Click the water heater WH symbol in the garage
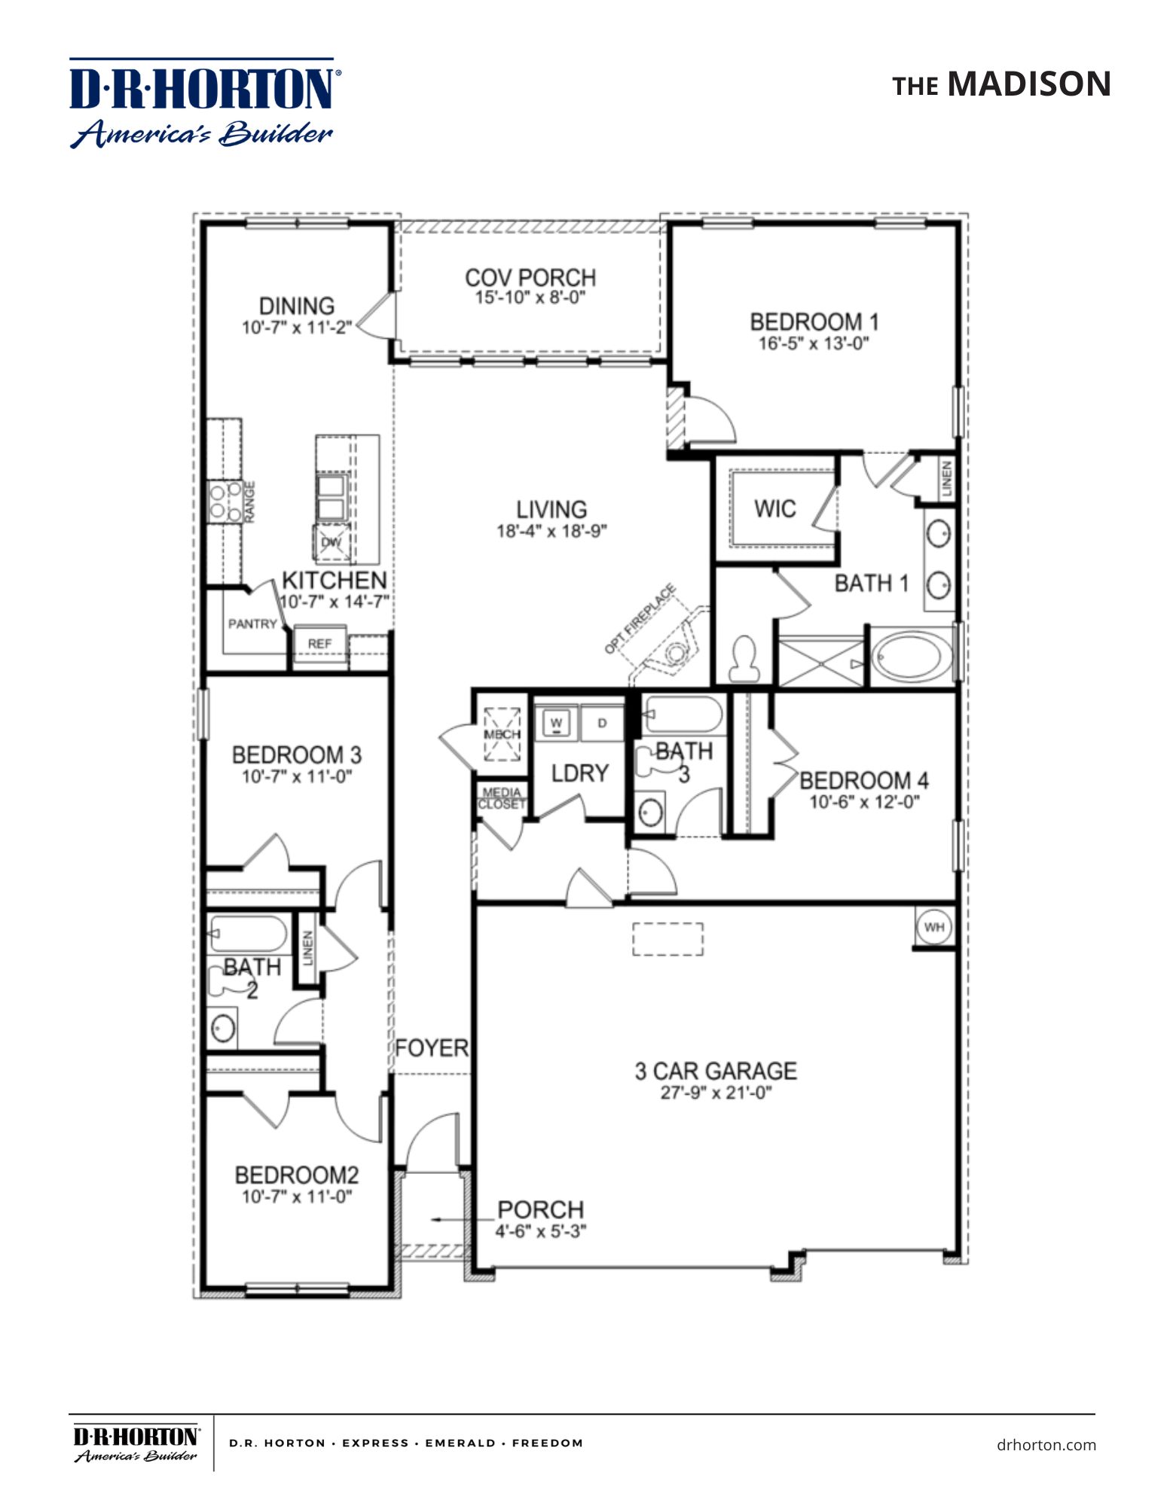pyautogui.click(x=934, y=927)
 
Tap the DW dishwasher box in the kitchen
pyautogui.click(x=331, y=542)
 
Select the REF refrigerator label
pyautogui.click(x=319, y=644)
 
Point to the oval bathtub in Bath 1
pyautogui.click(x=911, y=657)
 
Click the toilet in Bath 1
pyautogui.click(x=744, y=660)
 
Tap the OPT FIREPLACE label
pyautogui.click(x=640, y=619)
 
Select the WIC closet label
pyautogui.click(x=774, y=509)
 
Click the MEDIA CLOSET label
pyautogui.click(x=502, y=798)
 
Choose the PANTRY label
pyautogui.click(x=252, y=623)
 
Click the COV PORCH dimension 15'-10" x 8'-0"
pyautogui.click(x=530, y=298)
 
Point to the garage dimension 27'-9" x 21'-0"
pyautogui.click(x=716, y=1093)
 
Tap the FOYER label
pyautogui.click(x=432, y=1048)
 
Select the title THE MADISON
pyautogui.click(x=1001, y=84)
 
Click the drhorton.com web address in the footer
pyautogui.click(x=1046, y=1444)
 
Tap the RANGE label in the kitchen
pyautogui.click(x=249, y=501)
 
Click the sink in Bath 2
pyautogui.click(x=222, y=1028)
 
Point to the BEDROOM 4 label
pyautogui.click(x=863, y=780)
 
